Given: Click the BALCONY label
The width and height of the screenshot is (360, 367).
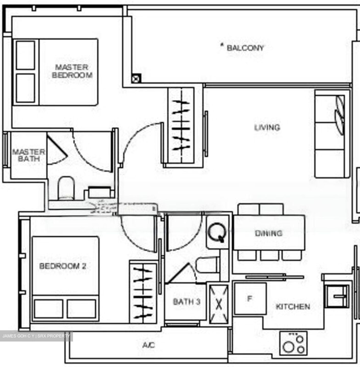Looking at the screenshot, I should click(245, 48).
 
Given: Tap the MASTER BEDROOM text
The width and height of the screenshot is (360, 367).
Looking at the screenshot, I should click(72, 71).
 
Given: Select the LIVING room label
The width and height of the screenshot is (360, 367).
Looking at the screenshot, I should click(267, 127).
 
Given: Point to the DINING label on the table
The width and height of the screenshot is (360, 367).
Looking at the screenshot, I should click(269, 233).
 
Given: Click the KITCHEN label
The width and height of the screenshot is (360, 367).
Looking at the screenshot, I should click(293, 306).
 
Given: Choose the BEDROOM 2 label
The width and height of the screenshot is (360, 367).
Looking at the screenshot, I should click(63, 266).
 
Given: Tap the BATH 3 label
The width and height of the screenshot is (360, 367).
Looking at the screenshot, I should click(187, 302).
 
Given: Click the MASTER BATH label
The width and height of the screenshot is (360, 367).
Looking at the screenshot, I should click(29, 155).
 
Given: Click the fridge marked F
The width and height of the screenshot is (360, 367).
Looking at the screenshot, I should click(250, 298).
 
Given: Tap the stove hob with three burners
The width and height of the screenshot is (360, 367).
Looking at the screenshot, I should click(293, 343).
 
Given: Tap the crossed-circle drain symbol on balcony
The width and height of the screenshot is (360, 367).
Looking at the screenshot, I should click(136, 79).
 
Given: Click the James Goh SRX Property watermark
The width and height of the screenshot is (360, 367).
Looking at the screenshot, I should click(36, 336).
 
